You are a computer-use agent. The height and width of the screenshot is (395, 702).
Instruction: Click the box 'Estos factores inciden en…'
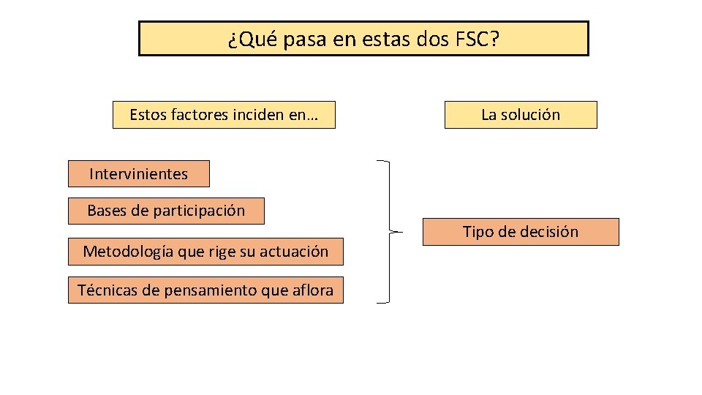tap(224, 115)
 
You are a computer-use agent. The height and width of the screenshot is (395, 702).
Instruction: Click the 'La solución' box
tap(521, 115)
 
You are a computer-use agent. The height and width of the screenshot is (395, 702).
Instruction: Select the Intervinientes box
tap(138, 174)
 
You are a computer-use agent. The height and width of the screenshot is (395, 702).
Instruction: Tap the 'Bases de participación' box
tap(166, 211)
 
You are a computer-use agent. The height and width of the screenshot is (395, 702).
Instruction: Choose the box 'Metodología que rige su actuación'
tap(205, 252)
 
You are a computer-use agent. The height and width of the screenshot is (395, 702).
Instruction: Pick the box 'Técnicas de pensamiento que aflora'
tap(205, 290)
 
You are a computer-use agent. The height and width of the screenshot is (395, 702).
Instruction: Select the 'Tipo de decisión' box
tap(521, 232)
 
